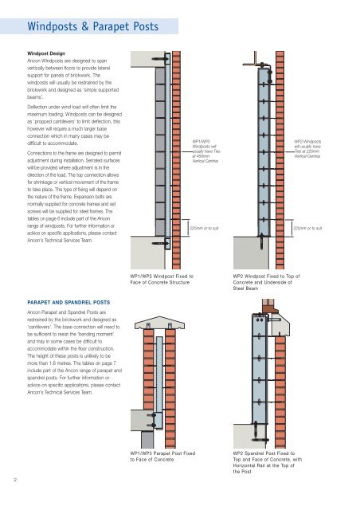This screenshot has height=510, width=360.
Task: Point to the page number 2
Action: click(x=15, y=480)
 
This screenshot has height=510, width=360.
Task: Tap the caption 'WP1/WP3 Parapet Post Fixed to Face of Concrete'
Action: click(x=162, y=457)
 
